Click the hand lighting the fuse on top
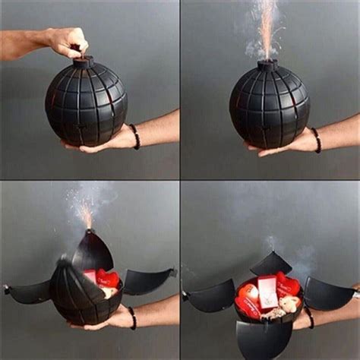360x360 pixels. point(65,39)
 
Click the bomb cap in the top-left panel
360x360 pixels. point(82,61)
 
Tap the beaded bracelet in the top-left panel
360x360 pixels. point(135,137)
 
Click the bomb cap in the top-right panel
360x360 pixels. point(267,65)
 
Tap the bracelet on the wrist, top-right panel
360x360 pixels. point(315,140)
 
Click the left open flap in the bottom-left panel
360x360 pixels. point(30,290)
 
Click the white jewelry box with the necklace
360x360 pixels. point(266,289)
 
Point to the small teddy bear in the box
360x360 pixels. point(288,305)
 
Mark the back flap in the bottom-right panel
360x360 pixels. point(270,263)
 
